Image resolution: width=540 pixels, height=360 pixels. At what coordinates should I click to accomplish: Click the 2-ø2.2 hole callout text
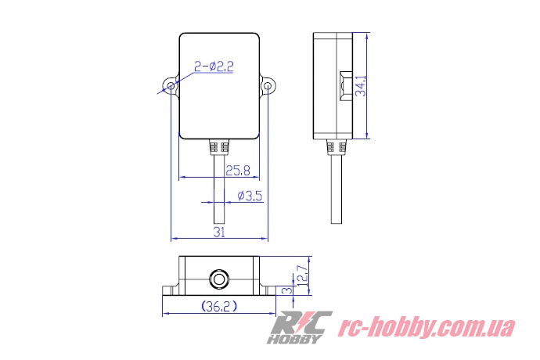211,68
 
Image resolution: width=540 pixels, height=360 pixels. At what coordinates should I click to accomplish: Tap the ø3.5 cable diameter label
248,196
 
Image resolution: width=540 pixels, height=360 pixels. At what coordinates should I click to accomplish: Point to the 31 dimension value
219,232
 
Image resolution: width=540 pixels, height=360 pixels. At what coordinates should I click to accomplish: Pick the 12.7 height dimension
303,275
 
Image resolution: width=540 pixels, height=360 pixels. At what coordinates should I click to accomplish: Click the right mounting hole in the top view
268,85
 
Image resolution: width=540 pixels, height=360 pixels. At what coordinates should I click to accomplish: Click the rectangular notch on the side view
343,85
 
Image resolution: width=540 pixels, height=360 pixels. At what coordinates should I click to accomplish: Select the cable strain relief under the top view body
218,147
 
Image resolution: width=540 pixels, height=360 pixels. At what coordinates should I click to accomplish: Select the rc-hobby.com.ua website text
426,327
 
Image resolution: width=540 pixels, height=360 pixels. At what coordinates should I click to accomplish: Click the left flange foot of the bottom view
170,290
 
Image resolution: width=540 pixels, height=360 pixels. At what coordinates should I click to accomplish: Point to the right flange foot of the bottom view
268,290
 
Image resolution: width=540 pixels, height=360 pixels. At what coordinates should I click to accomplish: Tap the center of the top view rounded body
219,86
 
